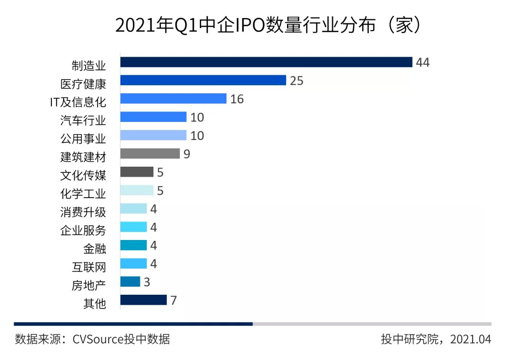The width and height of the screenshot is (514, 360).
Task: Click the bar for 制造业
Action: point(266,62)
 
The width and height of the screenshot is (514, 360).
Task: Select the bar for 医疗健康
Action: point(203,80)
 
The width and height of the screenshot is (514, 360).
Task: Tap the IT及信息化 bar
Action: point(173,99)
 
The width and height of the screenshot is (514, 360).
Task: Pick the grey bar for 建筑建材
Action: point(150,153)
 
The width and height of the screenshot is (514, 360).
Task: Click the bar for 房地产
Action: point(130,282)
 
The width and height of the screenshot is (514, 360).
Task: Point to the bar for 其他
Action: point(143,300)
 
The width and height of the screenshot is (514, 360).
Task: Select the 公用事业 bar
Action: point(153,135)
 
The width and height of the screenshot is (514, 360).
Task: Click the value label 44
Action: point(423,62)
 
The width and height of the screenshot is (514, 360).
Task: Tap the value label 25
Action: point(297,80)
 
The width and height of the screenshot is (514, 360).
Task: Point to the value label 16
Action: point(237,99)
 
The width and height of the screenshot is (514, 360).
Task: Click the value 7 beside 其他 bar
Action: point(174,300)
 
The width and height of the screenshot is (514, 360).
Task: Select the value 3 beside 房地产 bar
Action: point(147,282)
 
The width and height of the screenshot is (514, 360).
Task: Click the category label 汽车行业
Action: point(83,120)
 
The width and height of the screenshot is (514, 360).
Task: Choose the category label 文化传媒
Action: point(83,175)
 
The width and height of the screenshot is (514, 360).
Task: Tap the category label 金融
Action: point(94,249)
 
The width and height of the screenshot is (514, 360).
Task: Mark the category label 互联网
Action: point(89,267)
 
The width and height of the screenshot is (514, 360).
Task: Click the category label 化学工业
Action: point(83,193)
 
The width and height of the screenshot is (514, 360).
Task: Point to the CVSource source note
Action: point(92,340)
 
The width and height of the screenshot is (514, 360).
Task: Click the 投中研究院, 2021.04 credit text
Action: point(435,340)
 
